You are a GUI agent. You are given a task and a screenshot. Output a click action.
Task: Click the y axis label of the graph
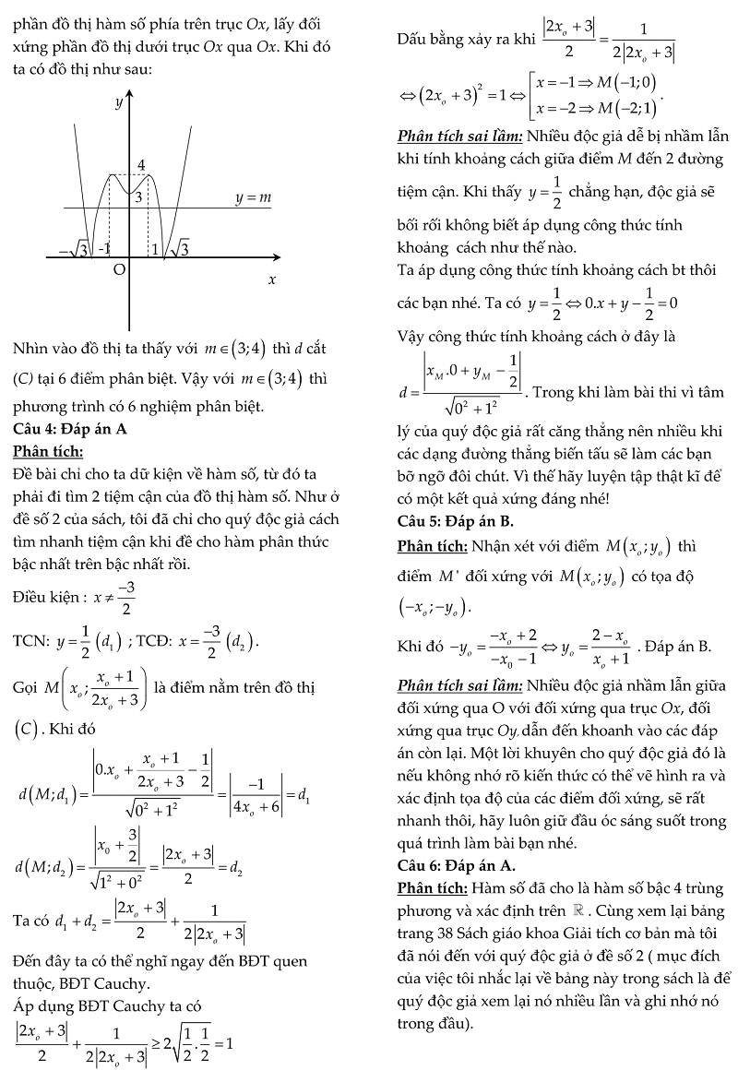(x=119, y=103)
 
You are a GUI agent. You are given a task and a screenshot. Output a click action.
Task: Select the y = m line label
(x=253, y=197)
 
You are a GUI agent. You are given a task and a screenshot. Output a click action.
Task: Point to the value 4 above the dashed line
(x=142, y=165)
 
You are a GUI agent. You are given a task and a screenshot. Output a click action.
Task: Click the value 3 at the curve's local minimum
(x=137, y=196)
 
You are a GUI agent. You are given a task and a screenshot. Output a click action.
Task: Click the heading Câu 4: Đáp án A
(x=70, y=429)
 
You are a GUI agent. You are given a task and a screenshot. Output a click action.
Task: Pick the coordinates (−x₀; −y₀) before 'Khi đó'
(x=433, y=607)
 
